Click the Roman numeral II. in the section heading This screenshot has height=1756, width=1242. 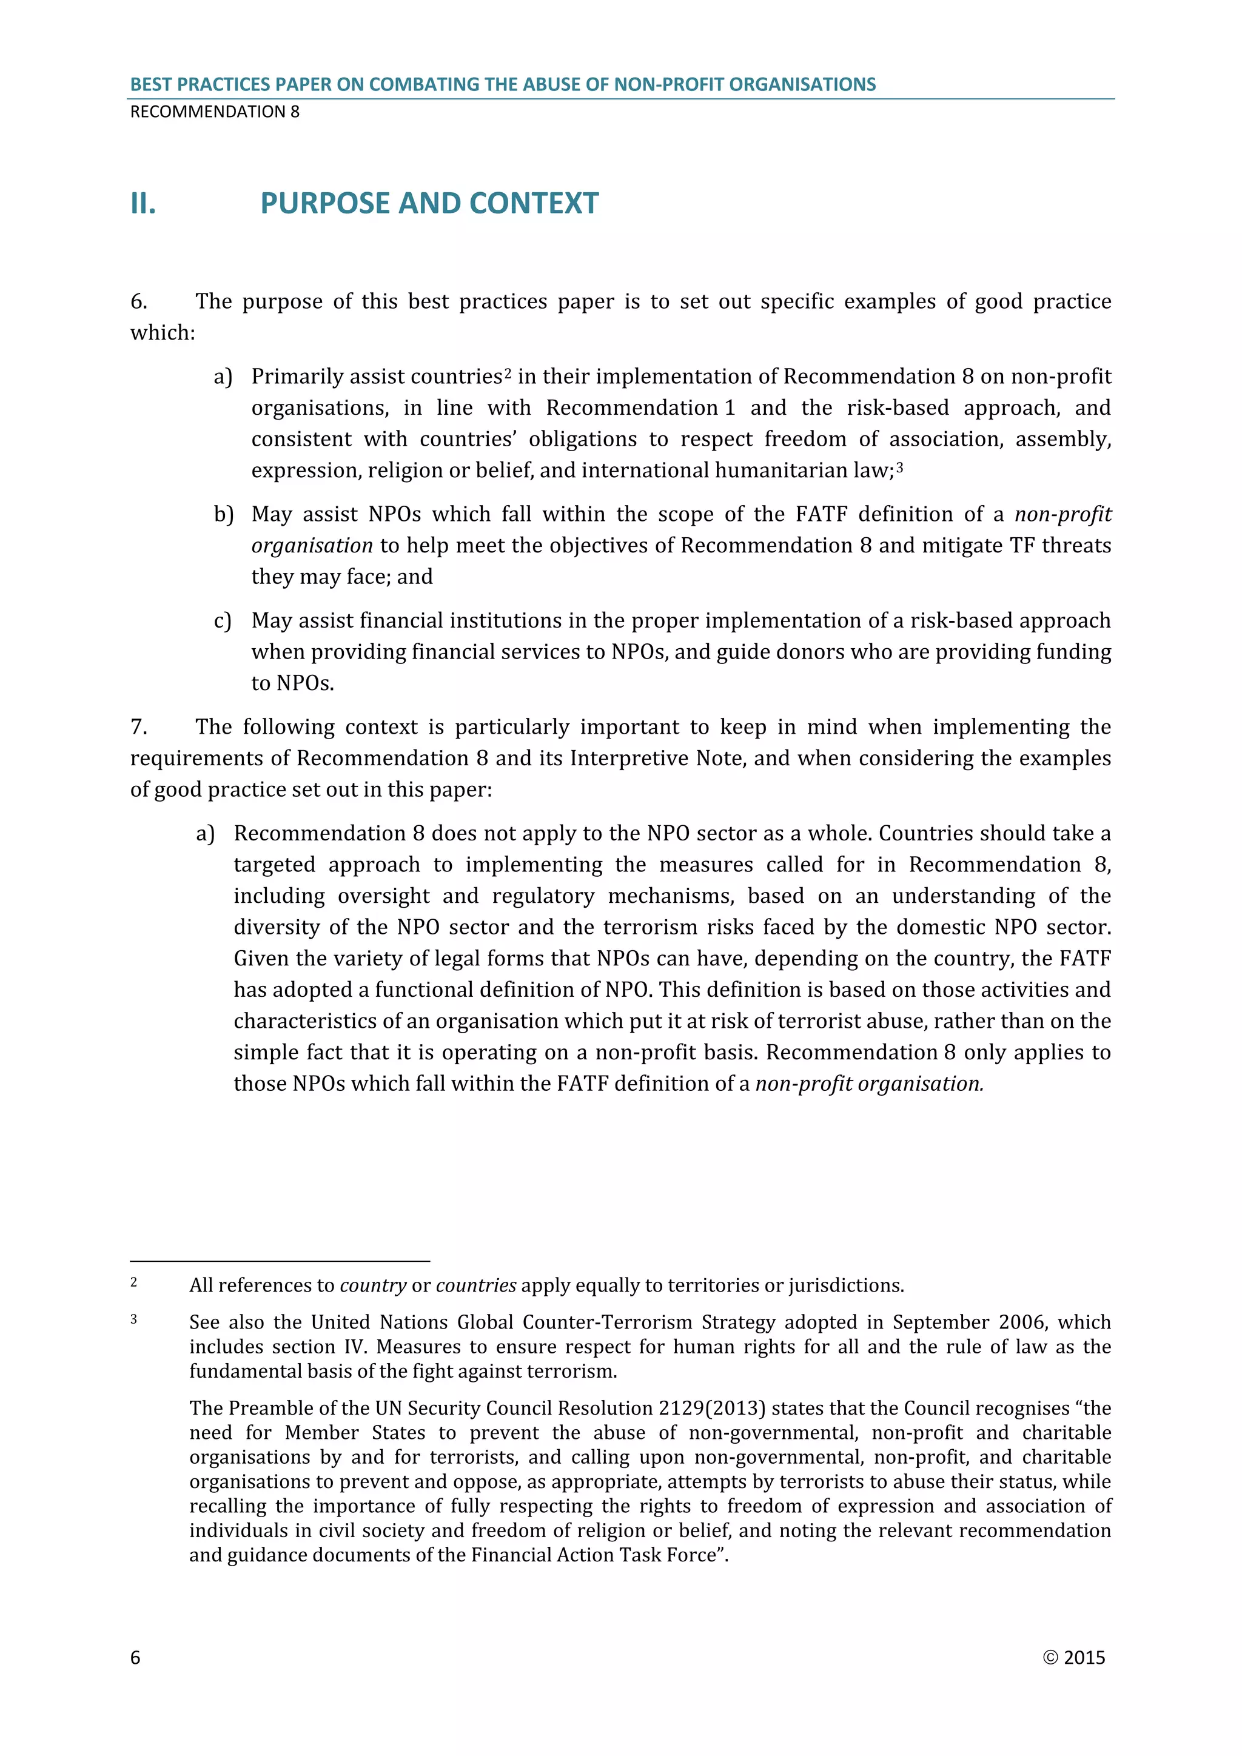coord(143,204)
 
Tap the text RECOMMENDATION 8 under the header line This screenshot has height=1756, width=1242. coord(215,112)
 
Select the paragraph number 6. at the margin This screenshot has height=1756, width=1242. coord(138,301)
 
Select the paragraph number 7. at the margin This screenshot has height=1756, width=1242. coord(138,726)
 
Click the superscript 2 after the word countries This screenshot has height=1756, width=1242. coord(508,374)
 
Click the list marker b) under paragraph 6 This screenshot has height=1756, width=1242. coord(223,515)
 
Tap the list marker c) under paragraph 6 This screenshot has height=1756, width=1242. coord(223,621)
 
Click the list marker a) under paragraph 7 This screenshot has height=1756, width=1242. coord(205,834)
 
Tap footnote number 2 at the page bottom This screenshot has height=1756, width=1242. coord(134,1282)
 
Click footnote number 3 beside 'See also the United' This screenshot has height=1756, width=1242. coord(134,1319)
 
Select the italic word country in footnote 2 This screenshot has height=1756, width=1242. coord(373,1285)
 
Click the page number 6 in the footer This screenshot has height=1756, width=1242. coord(135,1657)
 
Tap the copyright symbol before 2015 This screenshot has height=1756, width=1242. coord(1050,1657)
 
